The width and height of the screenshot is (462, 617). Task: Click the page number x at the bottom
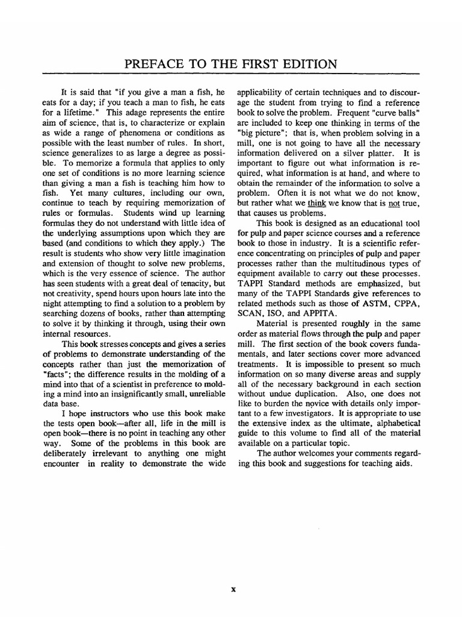233,589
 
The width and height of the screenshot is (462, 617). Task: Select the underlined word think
316,203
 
